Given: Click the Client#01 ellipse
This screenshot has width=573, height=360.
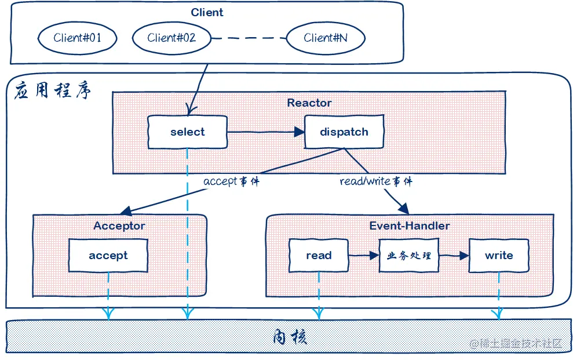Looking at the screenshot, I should coord(77,39).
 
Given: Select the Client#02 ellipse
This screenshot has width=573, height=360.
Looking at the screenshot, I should coord(171,39).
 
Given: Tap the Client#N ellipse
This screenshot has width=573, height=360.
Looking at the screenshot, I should coord(326,39).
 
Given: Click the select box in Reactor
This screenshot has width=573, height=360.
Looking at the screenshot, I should coord(187,132).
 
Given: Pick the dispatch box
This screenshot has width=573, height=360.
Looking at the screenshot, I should coord(344,132).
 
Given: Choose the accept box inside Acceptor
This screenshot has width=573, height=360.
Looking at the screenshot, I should coord(108,256).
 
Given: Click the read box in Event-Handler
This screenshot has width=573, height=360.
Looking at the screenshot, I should coord(319,256).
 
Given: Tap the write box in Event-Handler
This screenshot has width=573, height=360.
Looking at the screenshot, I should coord(499,256).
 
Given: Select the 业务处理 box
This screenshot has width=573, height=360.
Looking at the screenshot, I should coord(408,256).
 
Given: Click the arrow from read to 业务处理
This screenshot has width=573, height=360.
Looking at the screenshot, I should coord(364,255).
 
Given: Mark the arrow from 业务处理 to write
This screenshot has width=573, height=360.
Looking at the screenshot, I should coord(453,255).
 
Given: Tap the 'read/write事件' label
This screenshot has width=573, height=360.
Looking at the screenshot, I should coord(375,181).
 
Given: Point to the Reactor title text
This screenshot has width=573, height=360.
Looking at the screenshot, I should coord(309,103).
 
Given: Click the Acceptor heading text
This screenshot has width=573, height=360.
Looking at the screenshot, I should coord(119,226).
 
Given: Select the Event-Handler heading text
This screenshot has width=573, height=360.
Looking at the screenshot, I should coord(410,226).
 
